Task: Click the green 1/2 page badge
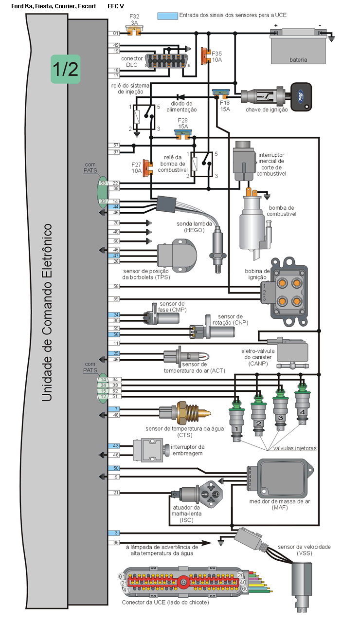point(65,69)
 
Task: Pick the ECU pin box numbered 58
point(116,286)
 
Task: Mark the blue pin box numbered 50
point(116,468)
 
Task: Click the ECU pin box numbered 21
point(116,493)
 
